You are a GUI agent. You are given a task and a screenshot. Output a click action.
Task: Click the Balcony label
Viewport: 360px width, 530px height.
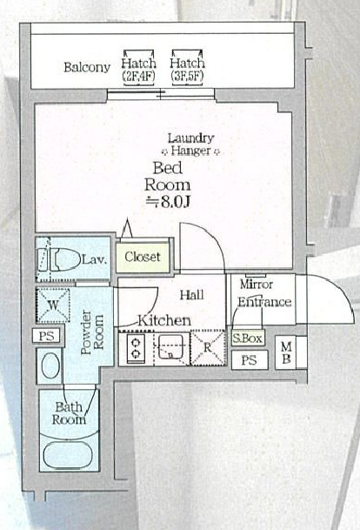(85, 67)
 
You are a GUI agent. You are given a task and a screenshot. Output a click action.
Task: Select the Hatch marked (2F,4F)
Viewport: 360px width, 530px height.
(139, 68)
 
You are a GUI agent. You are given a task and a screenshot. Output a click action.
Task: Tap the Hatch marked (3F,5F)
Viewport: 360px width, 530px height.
(187, 68)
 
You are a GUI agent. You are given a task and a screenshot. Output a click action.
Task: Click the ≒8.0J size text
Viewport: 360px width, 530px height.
(166, 200)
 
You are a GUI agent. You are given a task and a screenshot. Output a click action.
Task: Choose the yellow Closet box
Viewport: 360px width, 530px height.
(143, 257)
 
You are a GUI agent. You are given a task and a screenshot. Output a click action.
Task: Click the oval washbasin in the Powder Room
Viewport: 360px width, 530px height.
(49, 365)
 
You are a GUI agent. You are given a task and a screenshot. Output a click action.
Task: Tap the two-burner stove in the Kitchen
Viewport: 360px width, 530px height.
(136, 349)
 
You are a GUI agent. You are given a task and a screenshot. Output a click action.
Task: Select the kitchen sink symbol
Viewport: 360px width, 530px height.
(170, 349)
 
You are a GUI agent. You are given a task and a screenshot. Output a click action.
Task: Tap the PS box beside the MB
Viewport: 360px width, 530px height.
(250, 359)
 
